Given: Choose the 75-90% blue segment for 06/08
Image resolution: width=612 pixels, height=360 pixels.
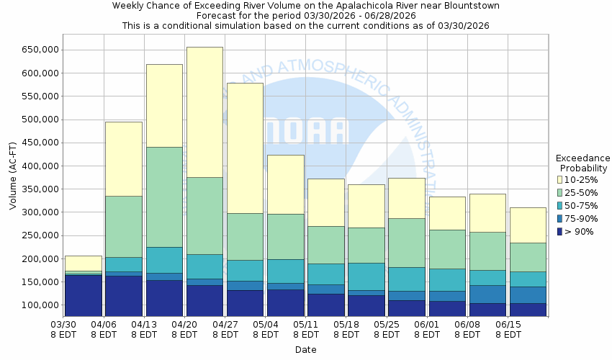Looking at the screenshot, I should tap(486, 294).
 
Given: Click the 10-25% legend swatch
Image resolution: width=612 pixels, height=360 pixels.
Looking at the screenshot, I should tap(559, 179).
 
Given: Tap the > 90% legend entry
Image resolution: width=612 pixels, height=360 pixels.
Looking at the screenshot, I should tap(575, 231).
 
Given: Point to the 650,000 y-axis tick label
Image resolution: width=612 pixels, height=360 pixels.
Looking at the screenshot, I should tap(40, 50).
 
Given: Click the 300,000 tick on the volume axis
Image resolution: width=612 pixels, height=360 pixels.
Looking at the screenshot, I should tap(40, 212).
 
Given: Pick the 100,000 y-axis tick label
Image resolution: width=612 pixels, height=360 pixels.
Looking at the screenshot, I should tap(40, 305).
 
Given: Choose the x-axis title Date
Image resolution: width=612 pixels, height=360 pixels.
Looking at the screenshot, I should tap(305, 350).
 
